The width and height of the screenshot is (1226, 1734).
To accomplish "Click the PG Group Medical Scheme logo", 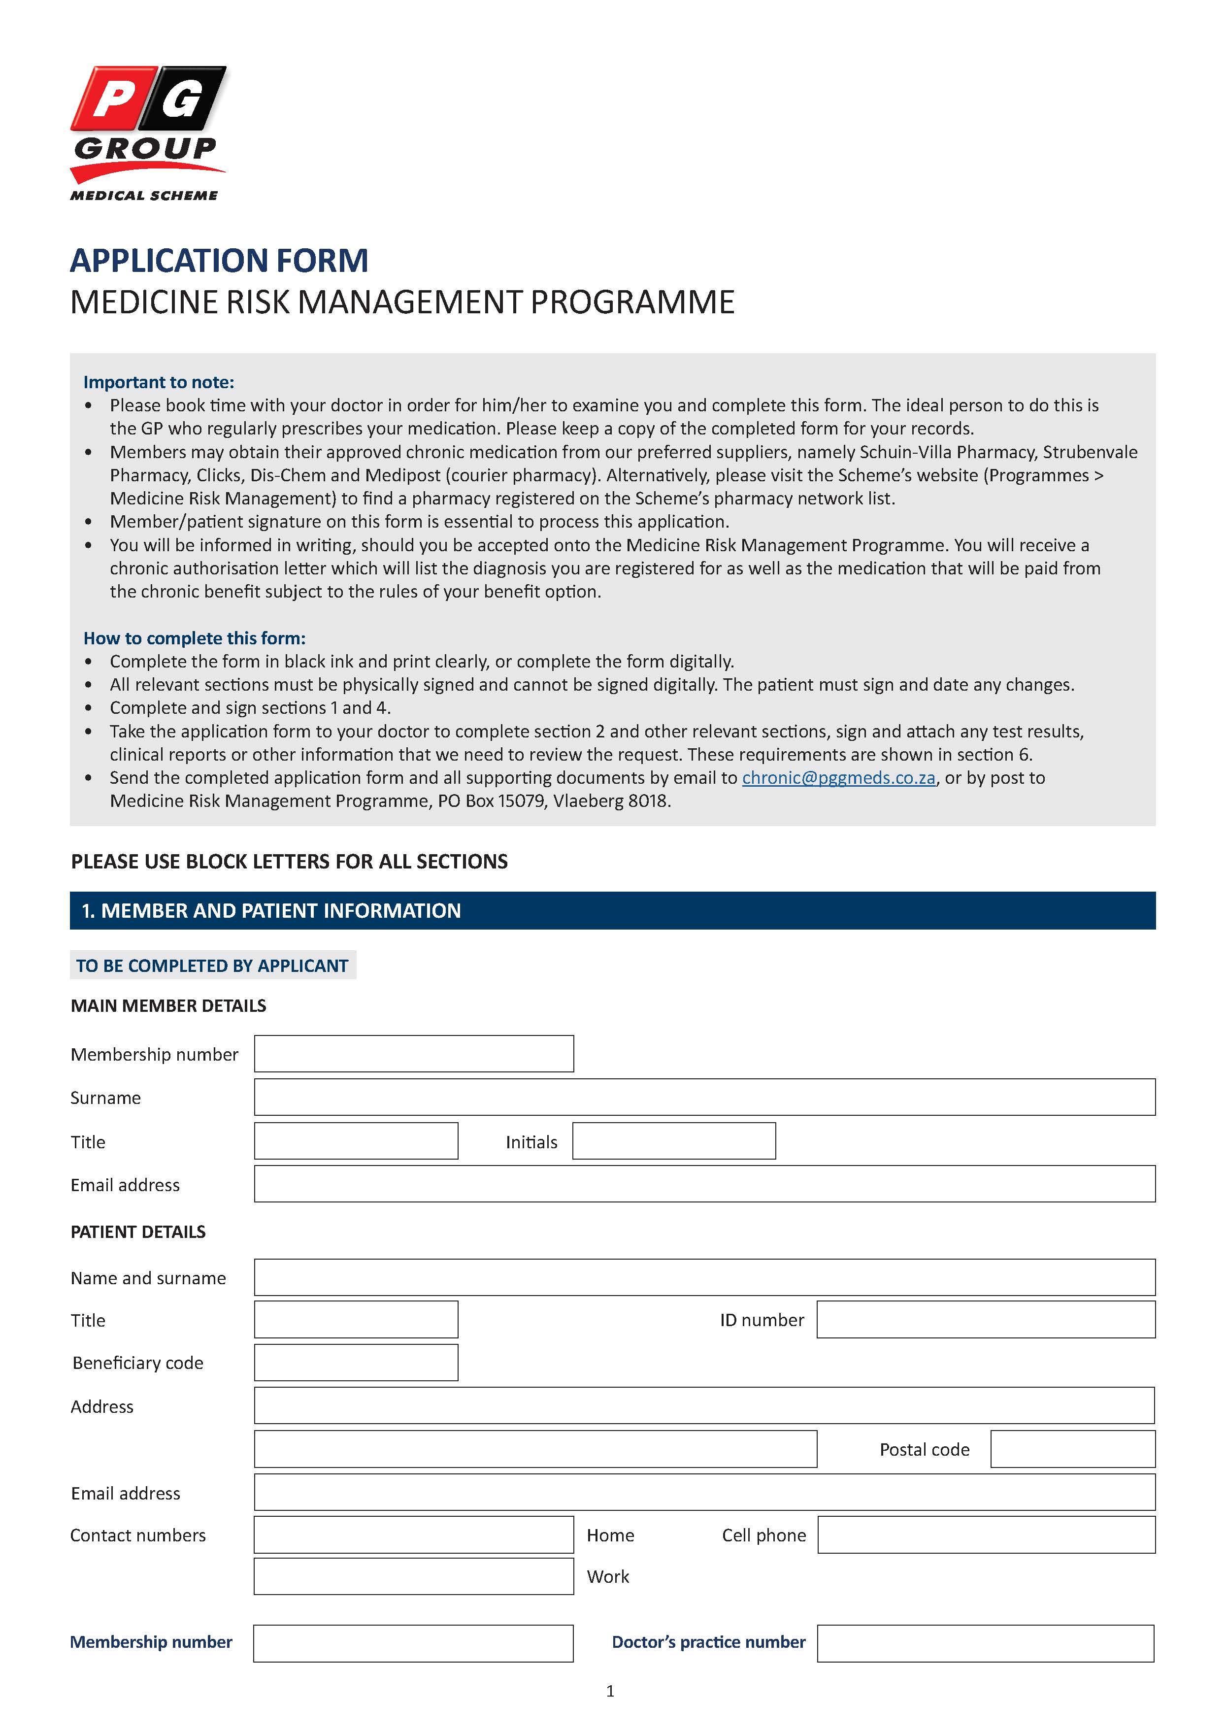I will click(147, 133).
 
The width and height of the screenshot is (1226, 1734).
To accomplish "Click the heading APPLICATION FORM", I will click(219, 261).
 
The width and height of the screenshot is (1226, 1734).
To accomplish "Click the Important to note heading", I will click(159, 382).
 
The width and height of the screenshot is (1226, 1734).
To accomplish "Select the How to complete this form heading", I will click(194, 638).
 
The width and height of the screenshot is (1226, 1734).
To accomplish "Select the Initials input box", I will click(673, 1141).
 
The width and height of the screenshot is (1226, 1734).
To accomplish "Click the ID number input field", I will click(985, 1319).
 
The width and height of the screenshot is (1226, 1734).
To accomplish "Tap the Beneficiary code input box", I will click(356, 1363).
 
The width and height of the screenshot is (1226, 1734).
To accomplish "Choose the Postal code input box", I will click(1072, 1449).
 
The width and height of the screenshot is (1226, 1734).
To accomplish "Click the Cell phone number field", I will click(986, 1535).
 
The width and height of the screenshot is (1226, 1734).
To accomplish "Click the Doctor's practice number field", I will click(985, 1643).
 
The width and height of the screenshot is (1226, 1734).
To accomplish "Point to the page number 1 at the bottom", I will click(610, 1692).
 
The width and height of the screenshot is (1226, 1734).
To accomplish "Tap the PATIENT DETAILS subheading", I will click(138, 1232).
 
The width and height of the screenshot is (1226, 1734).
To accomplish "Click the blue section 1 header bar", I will click(612, 911).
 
